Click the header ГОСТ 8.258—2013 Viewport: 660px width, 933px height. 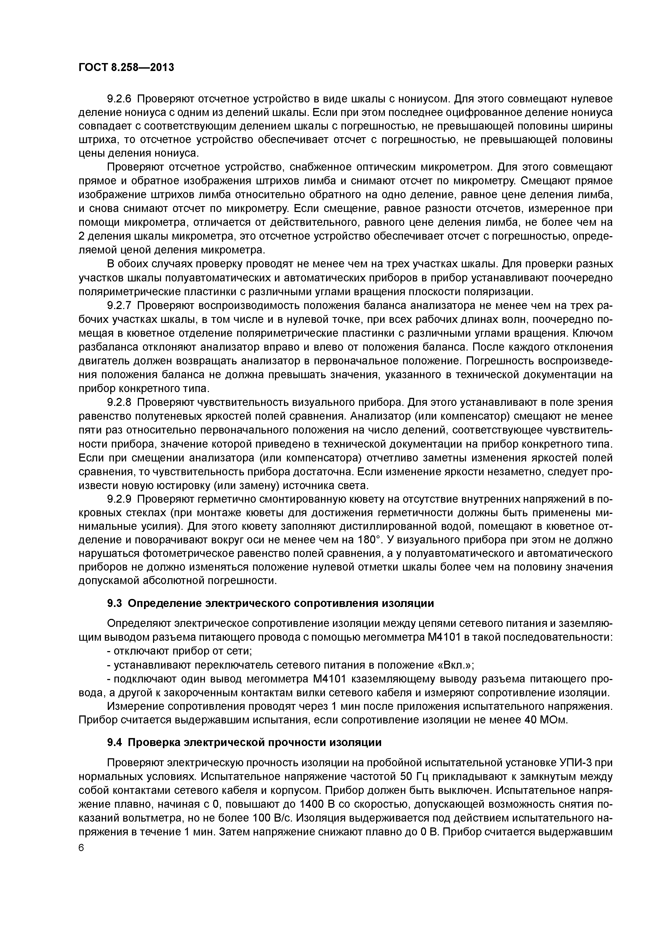click(126, 67)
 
